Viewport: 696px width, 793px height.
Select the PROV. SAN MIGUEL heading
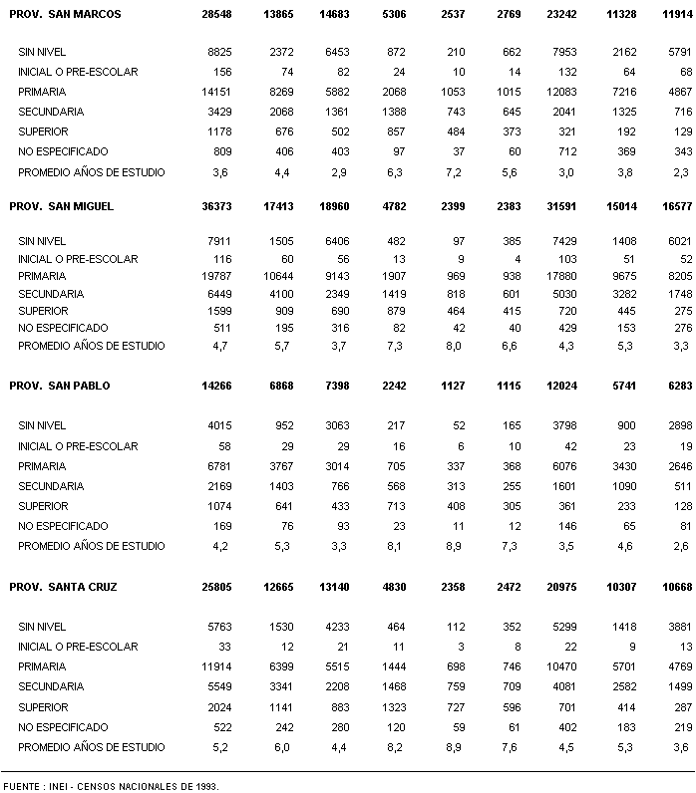click(x=62, y=206)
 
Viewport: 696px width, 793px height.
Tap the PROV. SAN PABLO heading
click(x=60, y=386)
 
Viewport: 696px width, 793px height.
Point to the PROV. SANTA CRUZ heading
click(x=63, y=587)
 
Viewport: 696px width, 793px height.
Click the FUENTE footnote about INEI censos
click(x=110, y=786)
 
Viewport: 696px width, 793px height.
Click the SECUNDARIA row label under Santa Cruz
click(x=51, y=686)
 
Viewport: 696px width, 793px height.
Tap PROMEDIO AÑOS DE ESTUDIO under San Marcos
click(x=92, y=172)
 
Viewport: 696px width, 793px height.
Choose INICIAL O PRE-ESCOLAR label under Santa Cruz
click(x=78, y=647)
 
